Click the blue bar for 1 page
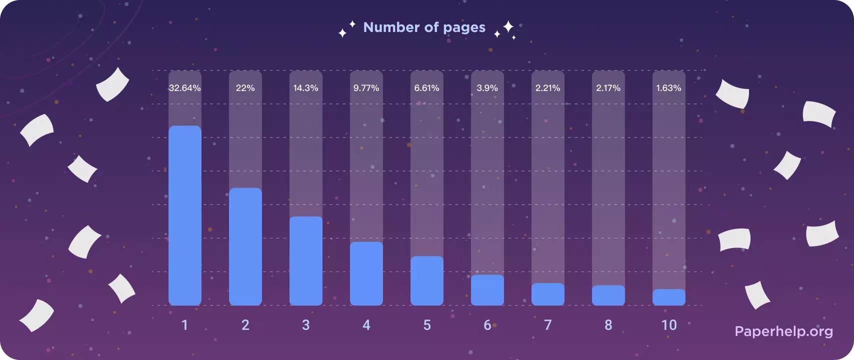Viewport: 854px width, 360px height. (185, 215)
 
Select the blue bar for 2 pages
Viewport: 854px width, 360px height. (245, 246)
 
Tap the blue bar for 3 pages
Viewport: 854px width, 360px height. (306, 260)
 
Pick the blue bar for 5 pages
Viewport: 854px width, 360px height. (427, 280)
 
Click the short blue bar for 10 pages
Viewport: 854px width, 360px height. (669, 297)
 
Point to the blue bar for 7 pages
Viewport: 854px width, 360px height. (548, 294)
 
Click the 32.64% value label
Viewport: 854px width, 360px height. (185, 88)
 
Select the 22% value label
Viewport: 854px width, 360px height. (245, 88)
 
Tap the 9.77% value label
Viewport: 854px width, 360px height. (366, 88)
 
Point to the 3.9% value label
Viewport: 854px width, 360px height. (487, 88)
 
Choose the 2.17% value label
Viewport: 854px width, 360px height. (608, 88)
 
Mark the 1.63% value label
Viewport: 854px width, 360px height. (669, 88)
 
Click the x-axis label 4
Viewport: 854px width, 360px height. (366, 325)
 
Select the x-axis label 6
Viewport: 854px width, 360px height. (487, 325)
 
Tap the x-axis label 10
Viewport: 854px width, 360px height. (669, 325)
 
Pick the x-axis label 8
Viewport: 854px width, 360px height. (608, 325)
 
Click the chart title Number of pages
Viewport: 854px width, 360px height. (424, 27)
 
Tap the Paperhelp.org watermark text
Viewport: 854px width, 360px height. (784, 331)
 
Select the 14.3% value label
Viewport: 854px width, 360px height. (306, 88)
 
